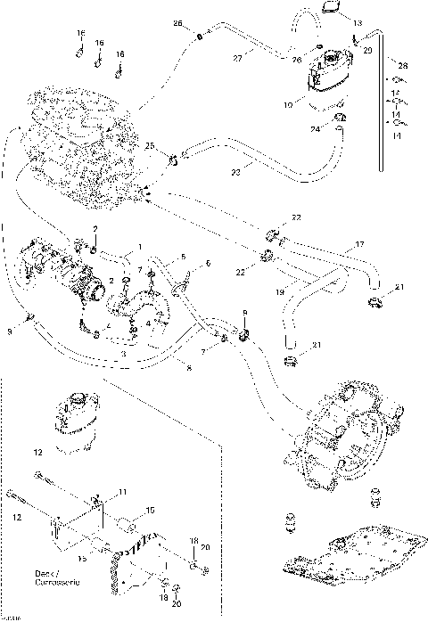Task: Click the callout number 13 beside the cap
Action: click(x=358, y=21)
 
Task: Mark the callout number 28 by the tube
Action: click(x=402, y=67)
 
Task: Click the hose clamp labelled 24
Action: click(x=339, y=119)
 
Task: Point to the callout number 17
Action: click(x=360, y=243)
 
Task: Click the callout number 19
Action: click(x=279, y=291)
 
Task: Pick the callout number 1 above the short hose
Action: click(x=138, y=247)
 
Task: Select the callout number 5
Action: click(x=183, y=257)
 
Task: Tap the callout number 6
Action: click(x=208, y=264)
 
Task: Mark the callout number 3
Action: click(x=122, y=355)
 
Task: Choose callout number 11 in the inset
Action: click(x=123, y=493)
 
